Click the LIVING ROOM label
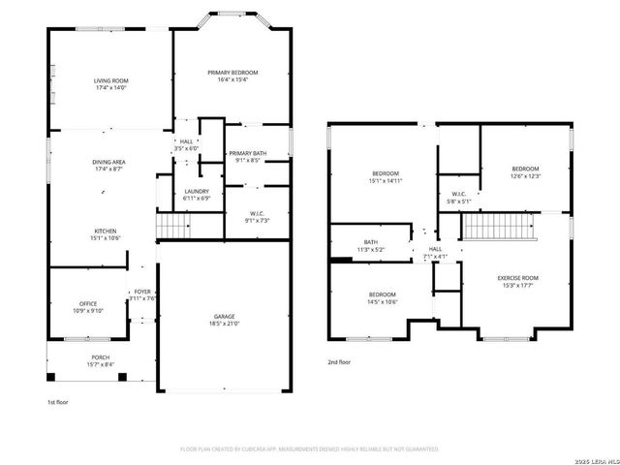[x=112, y=80]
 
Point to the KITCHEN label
[x=106, y=231]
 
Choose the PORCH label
[x=100, y=356]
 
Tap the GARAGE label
[x=225, y=317]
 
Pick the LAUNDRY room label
[x=197, y=191]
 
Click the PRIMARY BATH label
[x=247, y=153]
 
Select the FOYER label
[x=141, y=291]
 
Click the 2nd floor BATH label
[x=371, y=242]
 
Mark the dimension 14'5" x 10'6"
[x=382, y=301]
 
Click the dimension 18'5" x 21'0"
[x=225, y=324]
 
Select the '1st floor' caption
[x=58, y=401]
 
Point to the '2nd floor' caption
[x=339, y=361]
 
